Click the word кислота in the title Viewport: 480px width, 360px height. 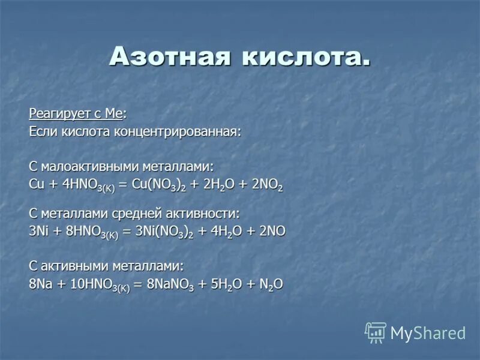tap(305, 56)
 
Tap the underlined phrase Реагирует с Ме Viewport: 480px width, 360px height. tap(78, 114)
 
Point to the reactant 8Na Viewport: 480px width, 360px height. tap(40, 284)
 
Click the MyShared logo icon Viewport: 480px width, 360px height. tap(376, 332)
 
